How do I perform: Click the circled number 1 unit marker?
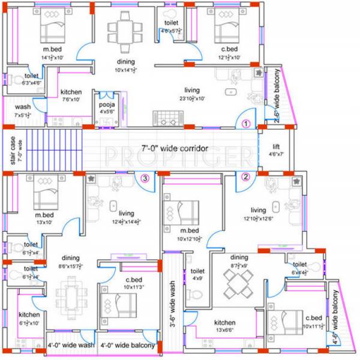pyautogui.click(x=245, y=124)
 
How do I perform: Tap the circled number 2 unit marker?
pyautogui.click(x=245, y=176)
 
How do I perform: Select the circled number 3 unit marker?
pyautogui.click(x=145, y=177)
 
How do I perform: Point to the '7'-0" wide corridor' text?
pyautogui.click(x=175, y=148)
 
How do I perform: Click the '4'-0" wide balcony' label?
pyautogui.click(x=128, y=346)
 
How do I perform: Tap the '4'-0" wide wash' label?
pyautogui.click(x=71, y=346)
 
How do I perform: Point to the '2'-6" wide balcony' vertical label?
pyautogui.click(x=277, y=95)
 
